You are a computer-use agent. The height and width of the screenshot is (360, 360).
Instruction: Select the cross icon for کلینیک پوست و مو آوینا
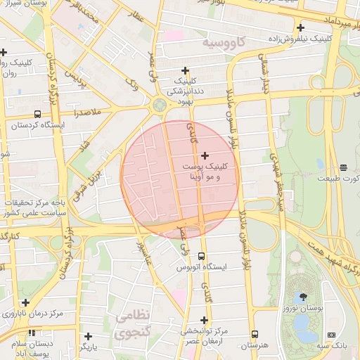click(x=205, y=155)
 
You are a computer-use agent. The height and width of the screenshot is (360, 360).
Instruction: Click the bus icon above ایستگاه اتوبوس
click(x=202, y=257)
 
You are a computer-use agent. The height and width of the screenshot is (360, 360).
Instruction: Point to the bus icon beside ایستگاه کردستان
click(x=37, y=115)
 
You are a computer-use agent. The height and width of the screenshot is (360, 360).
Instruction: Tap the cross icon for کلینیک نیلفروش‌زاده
click(x=300, y=27)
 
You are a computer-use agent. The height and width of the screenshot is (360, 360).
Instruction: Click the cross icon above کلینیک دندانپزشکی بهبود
click(x=185, y=70)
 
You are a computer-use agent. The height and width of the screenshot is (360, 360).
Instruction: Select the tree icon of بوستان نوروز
click(x=303, y=297)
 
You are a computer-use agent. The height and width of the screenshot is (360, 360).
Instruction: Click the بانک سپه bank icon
click(x=331, y=335)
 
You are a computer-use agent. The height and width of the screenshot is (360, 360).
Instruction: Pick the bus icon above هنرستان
click(x=254, y=335)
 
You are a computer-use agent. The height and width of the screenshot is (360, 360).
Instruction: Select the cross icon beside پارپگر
click(x=87, y=336)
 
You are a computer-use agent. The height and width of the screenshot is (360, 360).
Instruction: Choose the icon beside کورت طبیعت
click(x=343, y=167)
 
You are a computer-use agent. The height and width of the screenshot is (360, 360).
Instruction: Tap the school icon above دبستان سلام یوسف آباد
click(x=31, y=333)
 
